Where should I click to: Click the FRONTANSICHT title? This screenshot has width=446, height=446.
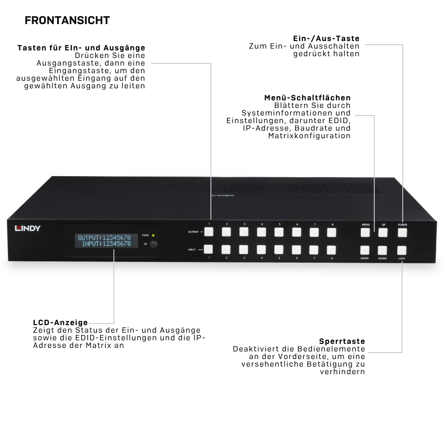click(x=67, y=21)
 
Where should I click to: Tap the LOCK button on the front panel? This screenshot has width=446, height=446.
click(x=402, y=250)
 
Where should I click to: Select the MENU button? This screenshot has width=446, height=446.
click(x=365, y=232)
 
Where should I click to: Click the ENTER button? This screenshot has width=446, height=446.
click(x=365, y=250)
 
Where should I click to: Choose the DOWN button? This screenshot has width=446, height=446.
click(x=382, y=250)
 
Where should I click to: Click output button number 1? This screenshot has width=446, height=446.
click(x=209, y=231)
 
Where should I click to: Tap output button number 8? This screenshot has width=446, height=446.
click(x=332, y=232)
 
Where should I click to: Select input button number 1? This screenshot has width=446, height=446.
click(x=208, y=249)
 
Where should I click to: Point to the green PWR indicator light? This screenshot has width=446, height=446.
click(x=153, y=235)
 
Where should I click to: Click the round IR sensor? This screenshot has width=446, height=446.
click(x=153, y=244)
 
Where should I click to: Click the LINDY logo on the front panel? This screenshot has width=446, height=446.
click(x=28, y=228)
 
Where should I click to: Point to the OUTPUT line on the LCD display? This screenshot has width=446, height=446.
click(x=104, y=238)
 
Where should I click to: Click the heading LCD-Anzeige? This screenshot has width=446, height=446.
click(x=60, y=322)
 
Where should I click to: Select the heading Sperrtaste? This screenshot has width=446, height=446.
click(x=342, y=341)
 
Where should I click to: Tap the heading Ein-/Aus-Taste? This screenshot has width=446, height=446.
click(x=326, y=38)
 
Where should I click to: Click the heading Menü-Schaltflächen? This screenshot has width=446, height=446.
click(x=307, y=98)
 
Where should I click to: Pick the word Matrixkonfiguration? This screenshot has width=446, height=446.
click(x=310, y=136)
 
